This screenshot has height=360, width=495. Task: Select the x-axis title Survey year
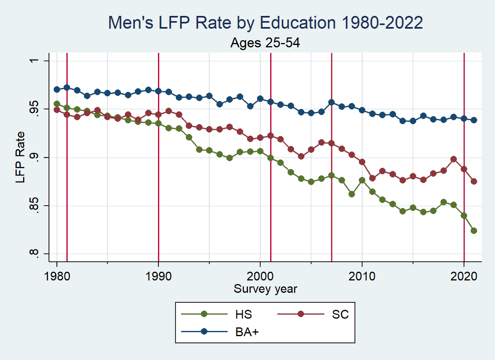click(x=265, y=289)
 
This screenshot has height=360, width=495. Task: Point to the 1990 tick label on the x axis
click(x=158, y=276)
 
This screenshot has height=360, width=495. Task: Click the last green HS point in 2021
click(x=474, y=231)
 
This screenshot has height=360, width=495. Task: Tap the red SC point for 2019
click(x=454, y=159)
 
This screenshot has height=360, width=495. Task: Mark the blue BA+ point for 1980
click(x=57, y=89)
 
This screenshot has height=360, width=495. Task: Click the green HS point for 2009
click(x=352, y=194)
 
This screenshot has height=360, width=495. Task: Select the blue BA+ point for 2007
click(x=331, y=102)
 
